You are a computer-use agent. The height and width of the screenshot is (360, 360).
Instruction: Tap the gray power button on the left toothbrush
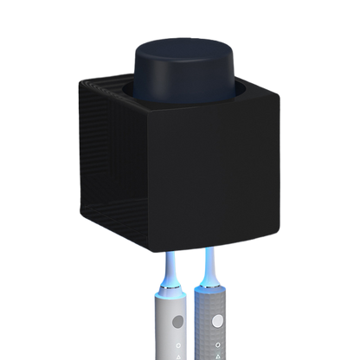(176, 321)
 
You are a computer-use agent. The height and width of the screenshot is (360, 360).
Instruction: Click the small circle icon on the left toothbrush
(177, 341)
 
